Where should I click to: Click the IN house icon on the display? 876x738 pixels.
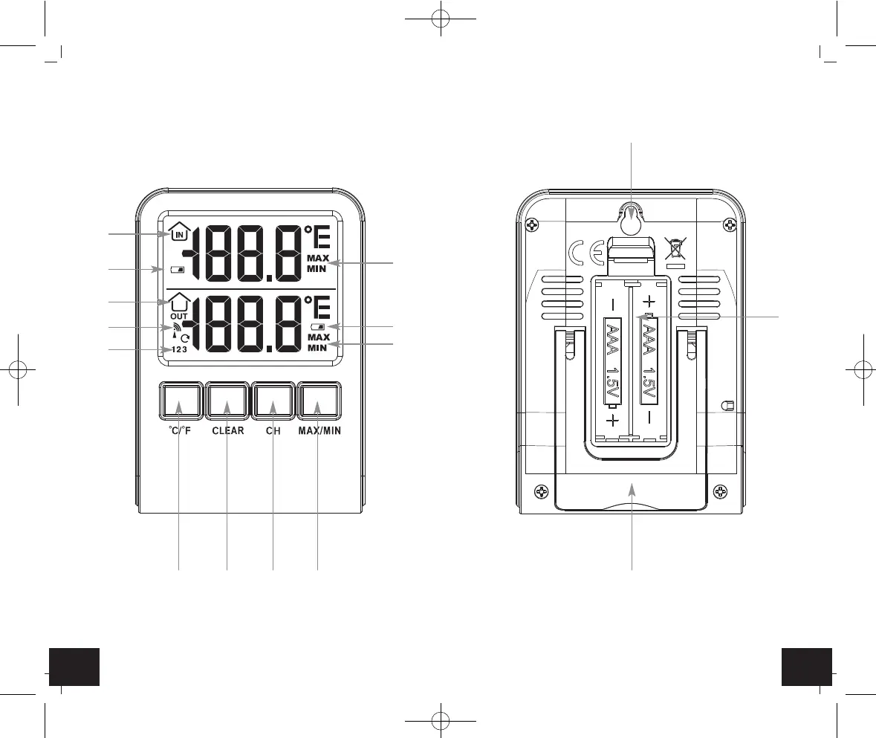(x=179, y=232)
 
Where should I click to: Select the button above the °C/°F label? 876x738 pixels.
(x=181, y=400)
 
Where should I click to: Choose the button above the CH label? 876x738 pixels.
(x=273, y=400)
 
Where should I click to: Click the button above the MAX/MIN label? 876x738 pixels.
(x=319, y=400)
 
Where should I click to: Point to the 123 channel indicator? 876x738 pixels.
(x=179, y=350)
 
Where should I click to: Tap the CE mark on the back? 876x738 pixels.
(x=586, y=254)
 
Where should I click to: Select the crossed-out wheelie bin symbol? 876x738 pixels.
(x=675, y=248)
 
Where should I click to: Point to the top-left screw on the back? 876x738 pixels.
(x=532, y=225)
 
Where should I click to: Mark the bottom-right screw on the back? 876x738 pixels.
(x=721, y=492)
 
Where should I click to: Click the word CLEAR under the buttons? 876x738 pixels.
(x=228, y=431)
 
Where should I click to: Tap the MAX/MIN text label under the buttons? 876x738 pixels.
(x=319, y=431)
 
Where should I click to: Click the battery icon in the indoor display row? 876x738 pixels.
(x=178, y=269)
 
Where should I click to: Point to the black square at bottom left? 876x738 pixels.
(x=74, y=667)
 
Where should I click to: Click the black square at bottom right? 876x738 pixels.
(x=807, y=667)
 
